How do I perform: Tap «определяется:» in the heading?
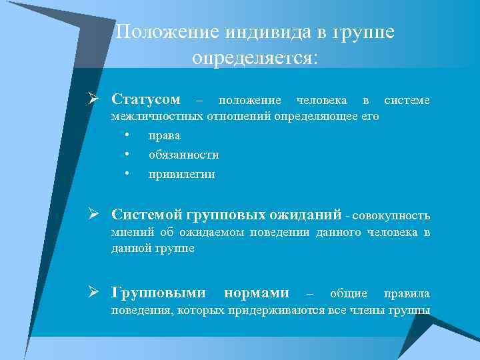pos(255,58)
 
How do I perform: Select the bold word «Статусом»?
pos(146,100)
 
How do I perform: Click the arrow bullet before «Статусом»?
pos(97,100)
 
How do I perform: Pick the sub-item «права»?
pos(164,135)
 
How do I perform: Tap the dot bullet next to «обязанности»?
pos(126,155)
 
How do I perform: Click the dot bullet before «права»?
pos(126,135)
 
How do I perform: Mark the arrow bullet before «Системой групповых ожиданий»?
pos(97,215)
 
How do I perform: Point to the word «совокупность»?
pos(391,217)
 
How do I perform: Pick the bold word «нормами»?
pos(257,293)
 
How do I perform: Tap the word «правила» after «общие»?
pos(407,294)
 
